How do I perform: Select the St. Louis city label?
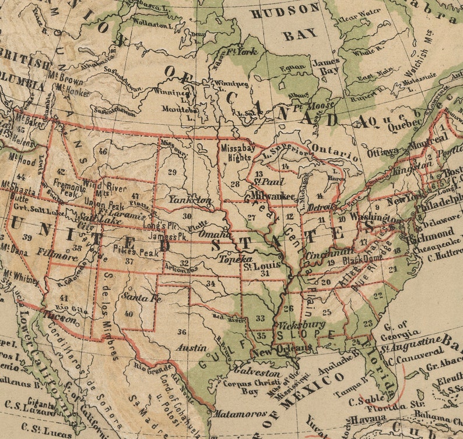(x=259, y=267)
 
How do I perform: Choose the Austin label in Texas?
(x=191, y=348)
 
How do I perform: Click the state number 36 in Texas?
(x=182, y=332)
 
